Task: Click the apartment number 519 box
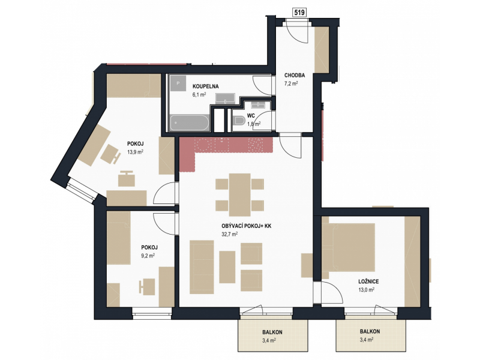pyautogui.click(x=299, y=13)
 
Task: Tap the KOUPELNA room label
pyautogui.click(x=205, y=86)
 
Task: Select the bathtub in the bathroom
pyautogui.click(x=190, y=123)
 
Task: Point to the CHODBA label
pyautogui.click(x=295, y=76)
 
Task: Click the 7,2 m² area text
pyautogui.click(x=291, y=83)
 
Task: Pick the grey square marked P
pyautogui.click(x=178, y=83)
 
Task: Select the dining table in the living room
pyautogui.click(x=240, y=195)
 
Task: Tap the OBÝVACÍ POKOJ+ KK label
pyautogui.click(x=247, y=226)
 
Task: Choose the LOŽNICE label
pyautogui.click(x=368, y=281)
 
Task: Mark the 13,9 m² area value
pyautogui.click(x=136, y=152)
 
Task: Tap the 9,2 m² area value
pyautogui.click(x=148, y=256)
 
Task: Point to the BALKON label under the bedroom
pyautogui.click(x=370, y=332)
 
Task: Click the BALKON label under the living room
pyautogui.click(x=272, y=332)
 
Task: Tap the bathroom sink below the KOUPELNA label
pyautogui.click(x=225, y=98)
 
